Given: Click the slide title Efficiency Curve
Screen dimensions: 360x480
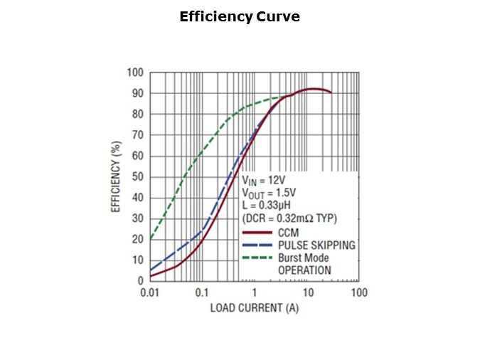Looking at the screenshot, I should pyautogui.click(x=240, y=17).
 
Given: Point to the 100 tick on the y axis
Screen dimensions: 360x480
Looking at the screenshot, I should pyautogui.click(x=135, y=73).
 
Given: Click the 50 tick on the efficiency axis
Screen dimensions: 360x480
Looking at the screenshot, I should pyautogui.click(x=137, y=176).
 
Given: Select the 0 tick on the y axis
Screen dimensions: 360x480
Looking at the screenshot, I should pyautogui.click(x=140, y=280).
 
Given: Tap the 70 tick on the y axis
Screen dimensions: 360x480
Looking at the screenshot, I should pyautogui.click(x=137, y=134).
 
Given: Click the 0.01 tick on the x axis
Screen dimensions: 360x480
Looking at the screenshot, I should pyautogui.click(x=149, y=292).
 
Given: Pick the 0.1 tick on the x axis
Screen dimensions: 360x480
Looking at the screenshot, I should pyautogui.click(x=202, y=292).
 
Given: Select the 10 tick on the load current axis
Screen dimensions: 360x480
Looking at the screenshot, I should pyautogui.click(x=307, y=292).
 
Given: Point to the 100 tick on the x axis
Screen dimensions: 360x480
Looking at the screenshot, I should pyautogui.click(x=359, y=292).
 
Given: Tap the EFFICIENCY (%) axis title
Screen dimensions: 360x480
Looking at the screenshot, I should pyautogui.click(x=115, y=176).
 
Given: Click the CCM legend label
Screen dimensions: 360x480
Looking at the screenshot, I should pyautogui.click(x=289, y=232).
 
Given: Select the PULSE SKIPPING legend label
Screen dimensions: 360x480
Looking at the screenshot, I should pyautogui.click(x=316, y=245).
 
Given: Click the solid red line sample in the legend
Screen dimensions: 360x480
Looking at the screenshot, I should pyautogui.click(x=257, y=233).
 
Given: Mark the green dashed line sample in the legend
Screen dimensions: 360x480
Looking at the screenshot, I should pyautogui.click(x=257, y=258).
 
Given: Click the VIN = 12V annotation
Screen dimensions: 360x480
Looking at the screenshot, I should pyautogui.click(x=266, y=181).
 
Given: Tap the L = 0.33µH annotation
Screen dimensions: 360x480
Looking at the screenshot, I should pyautogui.click(x=268, y=206).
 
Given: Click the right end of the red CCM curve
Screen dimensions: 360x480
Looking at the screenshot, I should pyautogui.click(x=331, y=92).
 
